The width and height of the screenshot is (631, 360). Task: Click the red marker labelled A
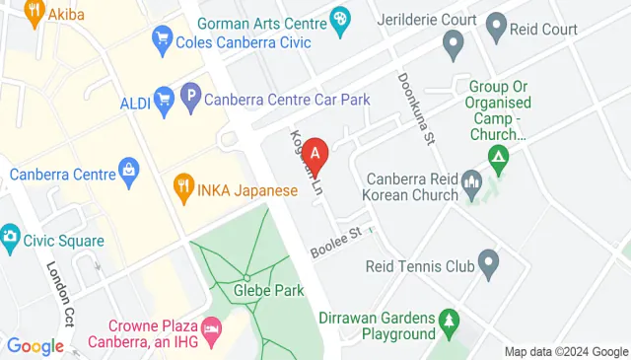pyautogui.click(x=315, y=153)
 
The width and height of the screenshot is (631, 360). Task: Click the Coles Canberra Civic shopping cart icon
pyautogui.click(x=160, y=41)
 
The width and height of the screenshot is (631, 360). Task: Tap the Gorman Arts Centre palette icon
pyautogui.click(x=340, y=19)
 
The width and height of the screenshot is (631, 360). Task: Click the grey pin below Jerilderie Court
pyautogui.click(x=454, y=42)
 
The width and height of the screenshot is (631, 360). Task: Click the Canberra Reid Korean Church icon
pyautogui.click(x=470, y=180)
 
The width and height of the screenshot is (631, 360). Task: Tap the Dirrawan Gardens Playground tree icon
pyautogui.click(x=450, y=320)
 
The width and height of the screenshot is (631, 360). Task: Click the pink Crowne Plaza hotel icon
pyautogui.click(x=210, y=326)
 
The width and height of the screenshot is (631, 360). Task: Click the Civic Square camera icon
pyautogui.click(x=10, y=237)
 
